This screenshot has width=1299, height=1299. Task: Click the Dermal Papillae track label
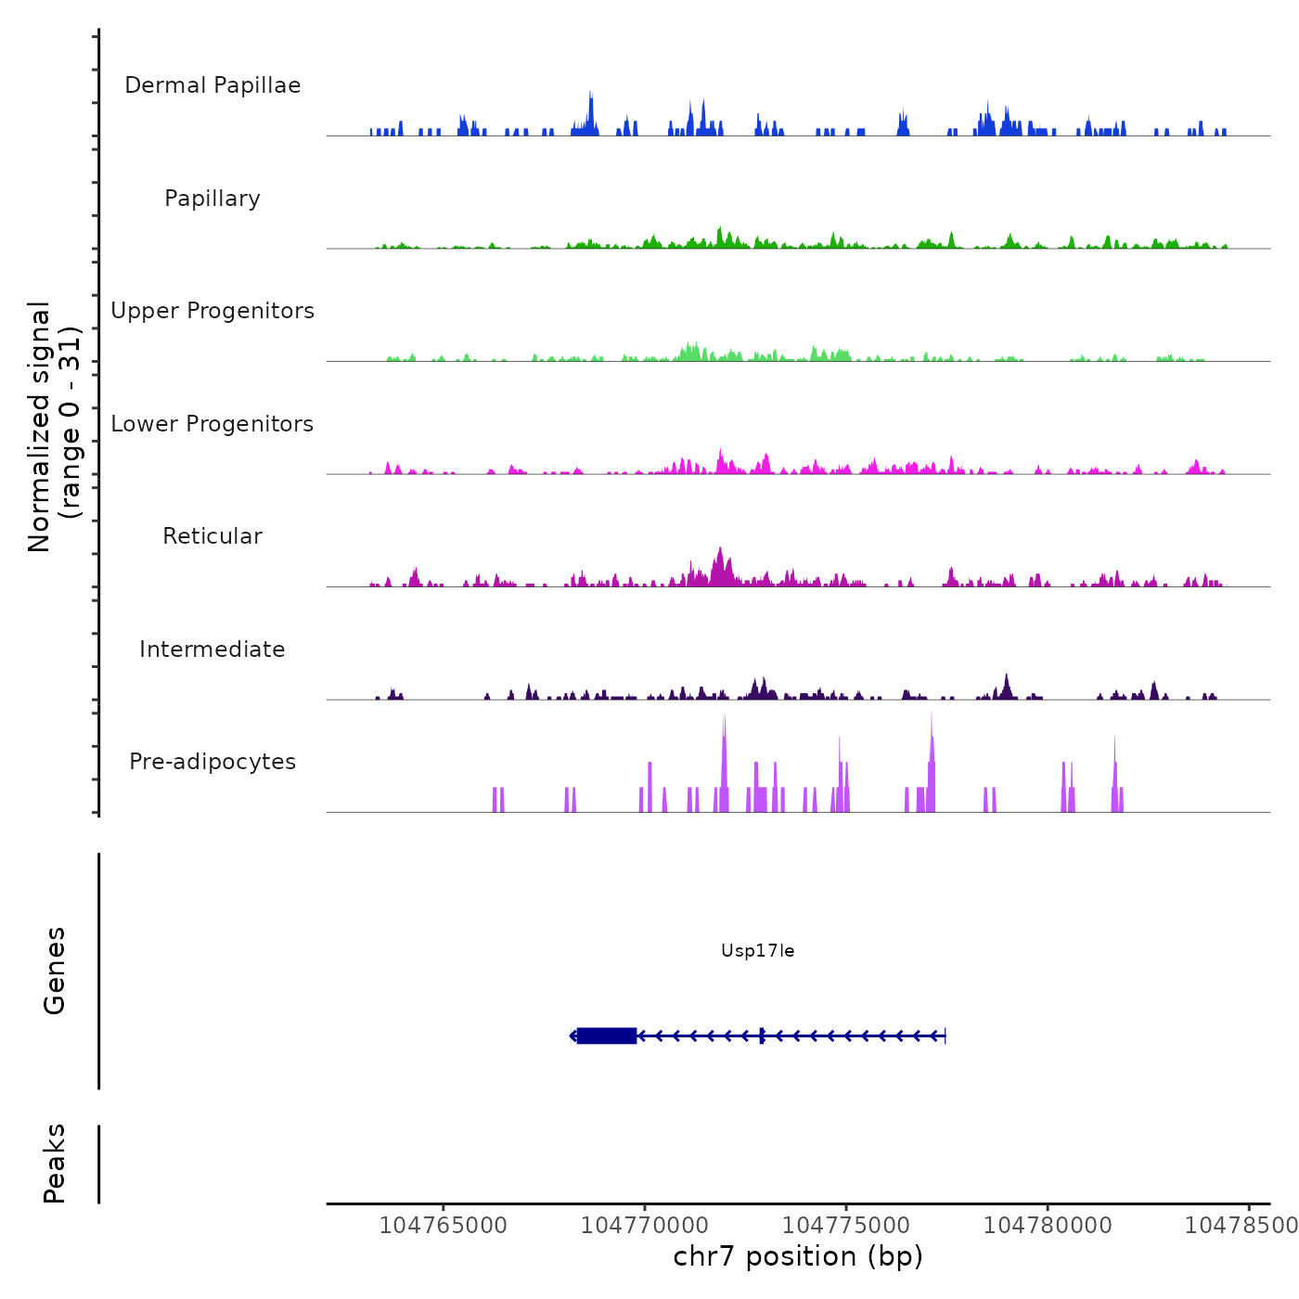click(212, 85)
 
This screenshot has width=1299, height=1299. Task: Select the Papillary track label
click(212, 199)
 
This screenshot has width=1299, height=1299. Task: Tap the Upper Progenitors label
click(212, 311)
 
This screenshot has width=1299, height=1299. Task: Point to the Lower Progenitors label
click(212, 424)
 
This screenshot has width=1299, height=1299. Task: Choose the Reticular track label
click(212, 536)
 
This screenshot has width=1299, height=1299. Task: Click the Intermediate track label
click(212, 649)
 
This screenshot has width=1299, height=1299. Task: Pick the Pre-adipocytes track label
click(212, 762)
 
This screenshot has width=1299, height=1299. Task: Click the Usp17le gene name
click(757, 951)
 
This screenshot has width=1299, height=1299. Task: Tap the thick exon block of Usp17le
click(607, 1035)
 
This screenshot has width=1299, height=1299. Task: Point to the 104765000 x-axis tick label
click(444, 1226)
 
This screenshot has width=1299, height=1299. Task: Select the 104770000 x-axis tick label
click(645, 1226)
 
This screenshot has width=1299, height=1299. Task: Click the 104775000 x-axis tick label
click(846, 1226)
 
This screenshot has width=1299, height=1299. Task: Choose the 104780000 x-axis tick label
click(1048, 1226)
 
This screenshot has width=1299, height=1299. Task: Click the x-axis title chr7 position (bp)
click(798, 1257)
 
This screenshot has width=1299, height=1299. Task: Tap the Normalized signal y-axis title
click(54, 426)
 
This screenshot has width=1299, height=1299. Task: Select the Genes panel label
click(55, 971)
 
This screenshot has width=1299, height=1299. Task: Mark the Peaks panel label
click(55, 1164)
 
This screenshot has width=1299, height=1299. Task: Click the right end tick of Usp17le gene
click(945, 1035)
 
